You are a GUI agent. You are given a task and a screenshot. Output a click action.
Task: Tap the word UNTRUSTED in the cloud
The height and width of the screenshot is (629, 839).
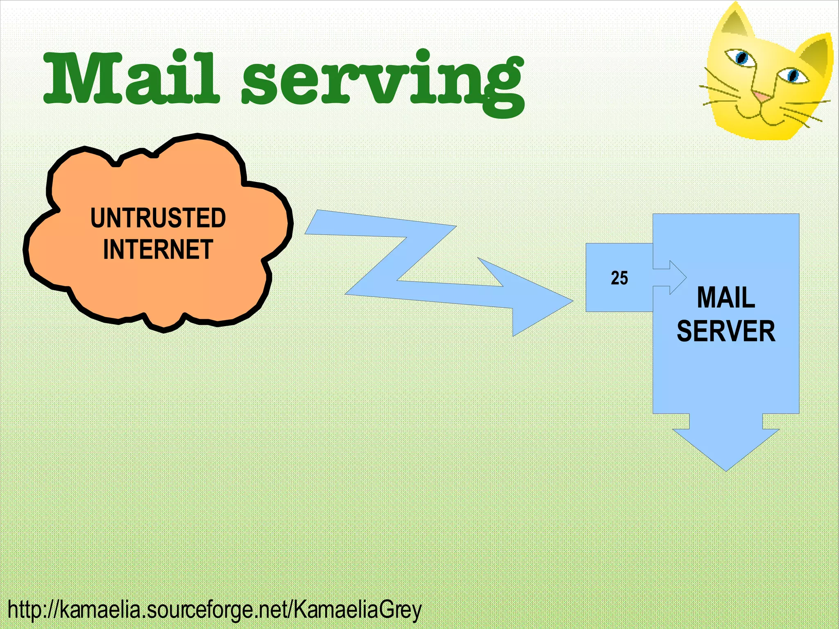(158, 218)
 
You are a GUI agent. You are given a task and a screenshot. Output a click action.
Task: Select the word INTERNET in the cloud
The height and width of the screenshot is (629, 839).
(158, 249)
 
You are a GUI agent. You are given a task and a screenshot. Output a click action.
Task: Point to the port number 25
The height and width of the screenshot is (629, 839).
(619, 278)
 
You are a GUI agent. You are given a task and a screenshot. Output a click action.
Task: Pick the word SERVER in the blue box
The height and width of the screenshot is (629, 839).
(726, 331)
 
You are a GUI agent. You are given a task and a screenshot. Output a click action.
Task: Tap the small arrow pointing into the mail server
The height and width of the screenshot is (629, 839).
(676, 277)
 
